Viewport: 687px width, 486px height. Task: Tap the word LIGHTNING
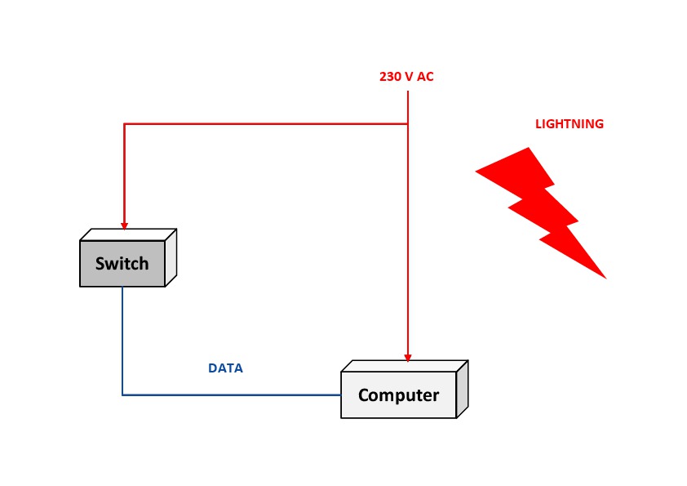[570, 124]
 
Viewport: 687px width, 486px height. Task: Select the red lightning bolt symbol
[542, 212]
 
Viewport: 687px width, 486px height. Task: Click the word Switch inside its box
[122, 264]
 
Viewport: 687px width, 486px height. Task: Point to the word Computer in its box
[398, 395]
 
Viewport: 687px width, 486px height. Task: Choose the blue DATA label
[226, 368]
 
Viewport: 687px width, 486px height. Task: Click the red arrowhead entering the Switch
[124, 225]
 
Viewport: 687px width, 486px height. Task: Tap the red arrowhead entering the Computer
[408, 357]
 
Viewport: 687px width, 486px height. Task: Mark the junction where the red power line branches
[408, 124]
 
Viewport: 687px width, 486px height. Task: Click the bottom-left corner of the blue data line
[122, 395]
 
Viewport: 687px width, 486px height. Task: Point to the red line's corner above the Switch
[124, 124]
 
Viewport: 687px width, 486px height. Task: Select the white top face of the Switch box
[128, 234]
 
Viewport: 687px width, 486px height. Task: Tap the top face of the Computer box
[404, 366]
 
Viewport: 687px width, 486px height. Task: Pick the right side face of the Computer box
[462, 390]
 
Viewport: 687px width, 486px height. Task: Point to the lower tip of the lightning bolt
[605, 278]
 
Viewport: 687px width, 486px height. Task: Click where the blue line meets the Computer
[341, 395]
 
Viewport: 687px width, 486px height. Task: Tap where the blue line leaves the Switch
[122, 288]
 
